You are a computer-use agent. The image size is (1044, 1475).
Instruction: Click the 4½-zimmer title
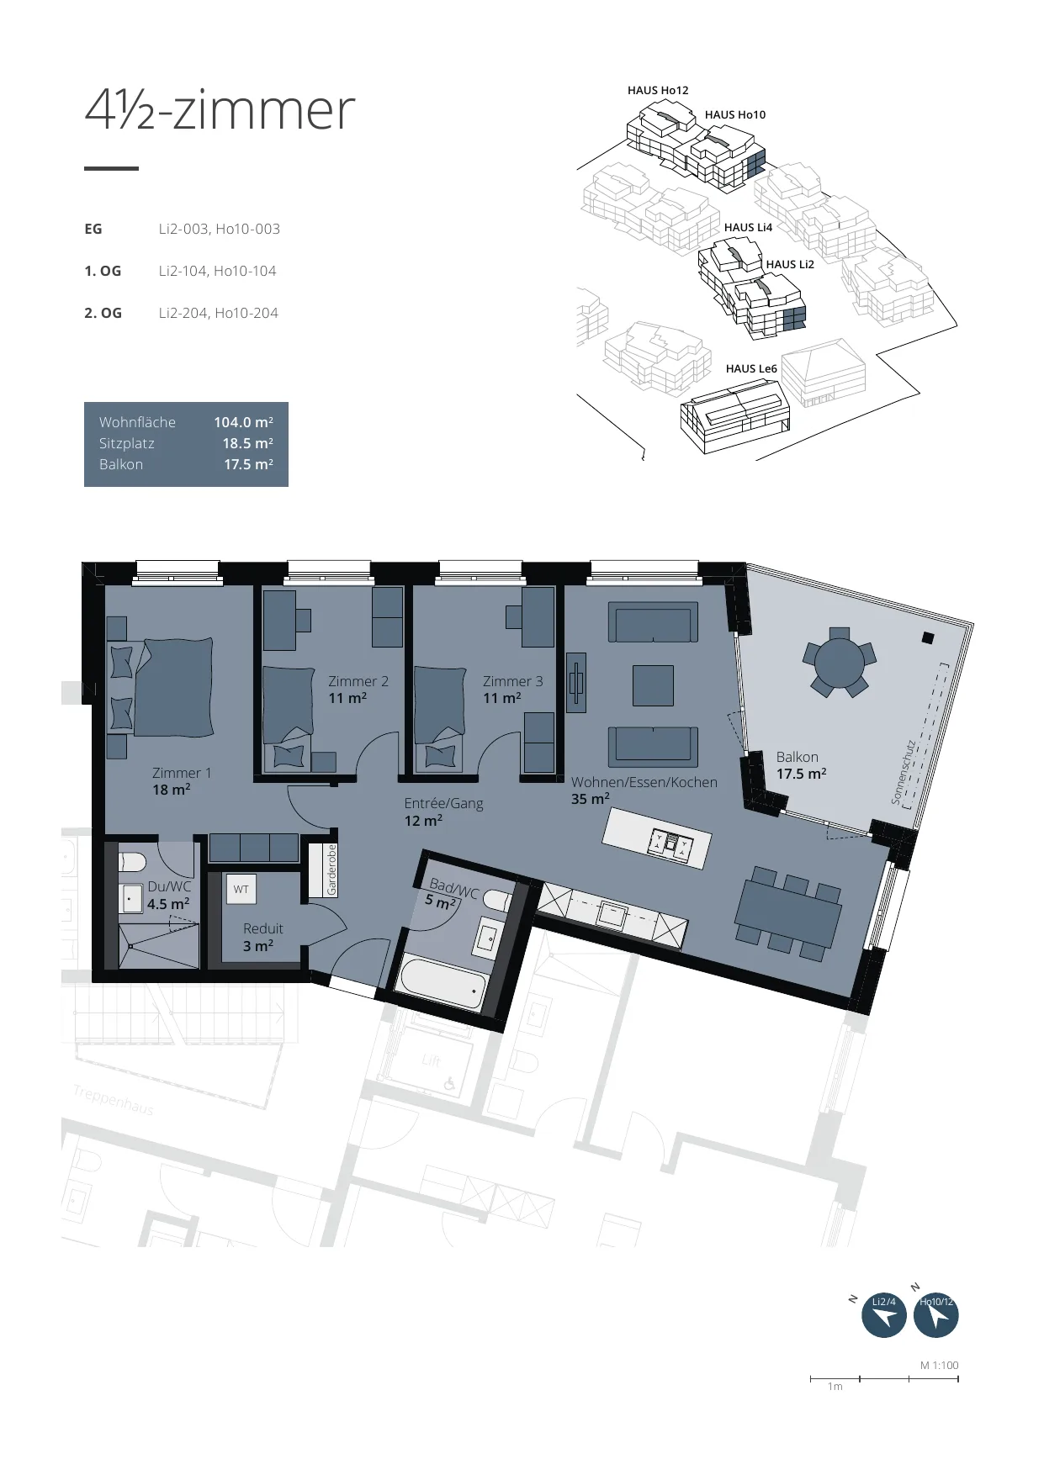pos(220,110)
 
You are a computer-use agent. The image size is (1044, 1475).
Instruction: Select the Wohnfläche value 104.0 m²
pos(243,422)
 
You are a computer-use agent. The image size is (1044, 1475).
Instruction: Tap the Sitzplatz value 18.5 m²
pos(247,443)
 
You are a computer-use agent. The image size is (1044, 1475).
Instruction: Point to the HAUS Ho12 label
pos(658,90)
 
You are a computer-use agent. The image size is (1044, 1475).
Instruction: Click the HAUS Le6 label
pos(751,368)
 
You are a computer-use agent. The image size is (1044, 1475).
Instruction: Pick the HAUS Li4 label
pos(748,227)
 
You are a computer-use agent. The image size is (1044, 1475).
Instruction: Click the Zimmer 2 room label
pos(358,682)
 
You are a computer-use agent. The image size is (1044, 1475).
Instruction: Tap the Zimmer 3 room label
pos(512,682)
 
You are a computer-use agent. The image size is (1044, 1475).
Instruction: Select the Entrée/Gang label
pos(443,803)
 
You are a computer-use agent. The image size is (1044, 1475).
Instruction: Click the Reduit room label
pos(262,928)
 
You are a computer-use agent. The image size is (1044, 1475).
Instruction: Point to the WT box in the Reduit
pos(241,889)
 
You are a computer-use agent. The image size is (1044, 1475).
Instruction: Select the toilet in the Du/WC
pos(133,862)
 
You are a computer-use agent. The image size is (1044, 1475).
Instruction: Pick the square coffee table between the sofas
pos(653,685)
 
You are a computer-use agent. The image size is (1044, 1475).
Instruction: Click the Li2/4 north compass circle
pos(884,1315)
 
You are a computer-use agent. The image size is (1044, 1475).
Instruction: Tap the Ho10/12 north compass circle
pos(936,1315)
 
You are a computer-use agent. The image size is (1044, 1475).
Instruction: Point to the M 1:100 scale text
pos(939,1366)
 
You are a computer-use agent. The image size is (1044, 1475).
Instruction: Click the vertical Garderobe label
pos(331,870)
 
